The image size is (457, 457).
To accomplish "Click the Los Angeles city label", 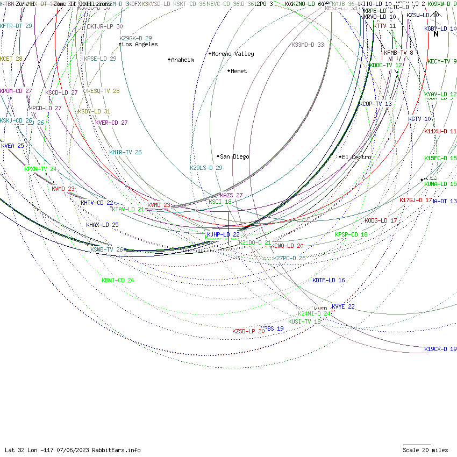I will (140, 45).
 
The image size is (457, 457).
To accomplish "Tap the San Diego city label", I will (234, 156).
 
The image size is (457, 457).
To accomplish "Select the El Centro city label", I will (356, 157).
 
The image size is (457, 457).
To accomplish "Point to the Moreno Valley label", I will (233, 54).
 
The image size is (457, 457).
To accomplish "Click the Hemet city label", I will (239, 71).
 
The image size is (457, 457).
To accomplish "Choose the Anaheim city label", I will (182, 60).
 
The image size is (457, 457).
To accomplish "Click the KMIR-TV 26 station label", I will (125, 152).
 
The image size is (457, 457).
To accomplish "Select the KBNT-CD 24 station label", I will (118, 280).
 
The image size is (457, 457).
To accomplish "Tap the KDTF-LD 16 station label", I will (329, 280).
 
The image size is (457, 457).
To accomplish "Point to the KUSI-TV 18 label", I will (304, 322).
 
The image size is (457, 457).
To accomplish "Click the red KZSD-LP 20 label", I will (248, 331).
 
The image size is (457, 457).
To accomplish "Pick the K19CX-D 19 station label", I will (440, 349).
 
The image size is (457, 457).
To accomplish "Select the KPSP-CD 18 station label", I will (351, 234).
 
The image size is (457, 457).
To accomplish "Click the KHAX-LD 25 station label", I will (102, 225).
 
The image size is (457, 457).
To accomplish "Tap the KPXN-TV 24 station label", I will (40, 169).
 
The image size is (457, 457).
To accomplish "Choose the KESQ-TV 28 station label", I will (103, 91).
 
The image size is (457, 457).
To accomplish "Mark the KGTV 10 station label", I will (419, 119).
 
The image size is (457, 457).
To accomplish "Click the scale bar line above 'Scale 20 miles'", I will (417, 445).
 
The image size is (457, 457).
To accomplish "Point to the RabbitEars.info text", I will (116, 450).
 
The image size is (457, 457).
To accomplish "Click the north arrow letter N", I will (436, 34).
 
